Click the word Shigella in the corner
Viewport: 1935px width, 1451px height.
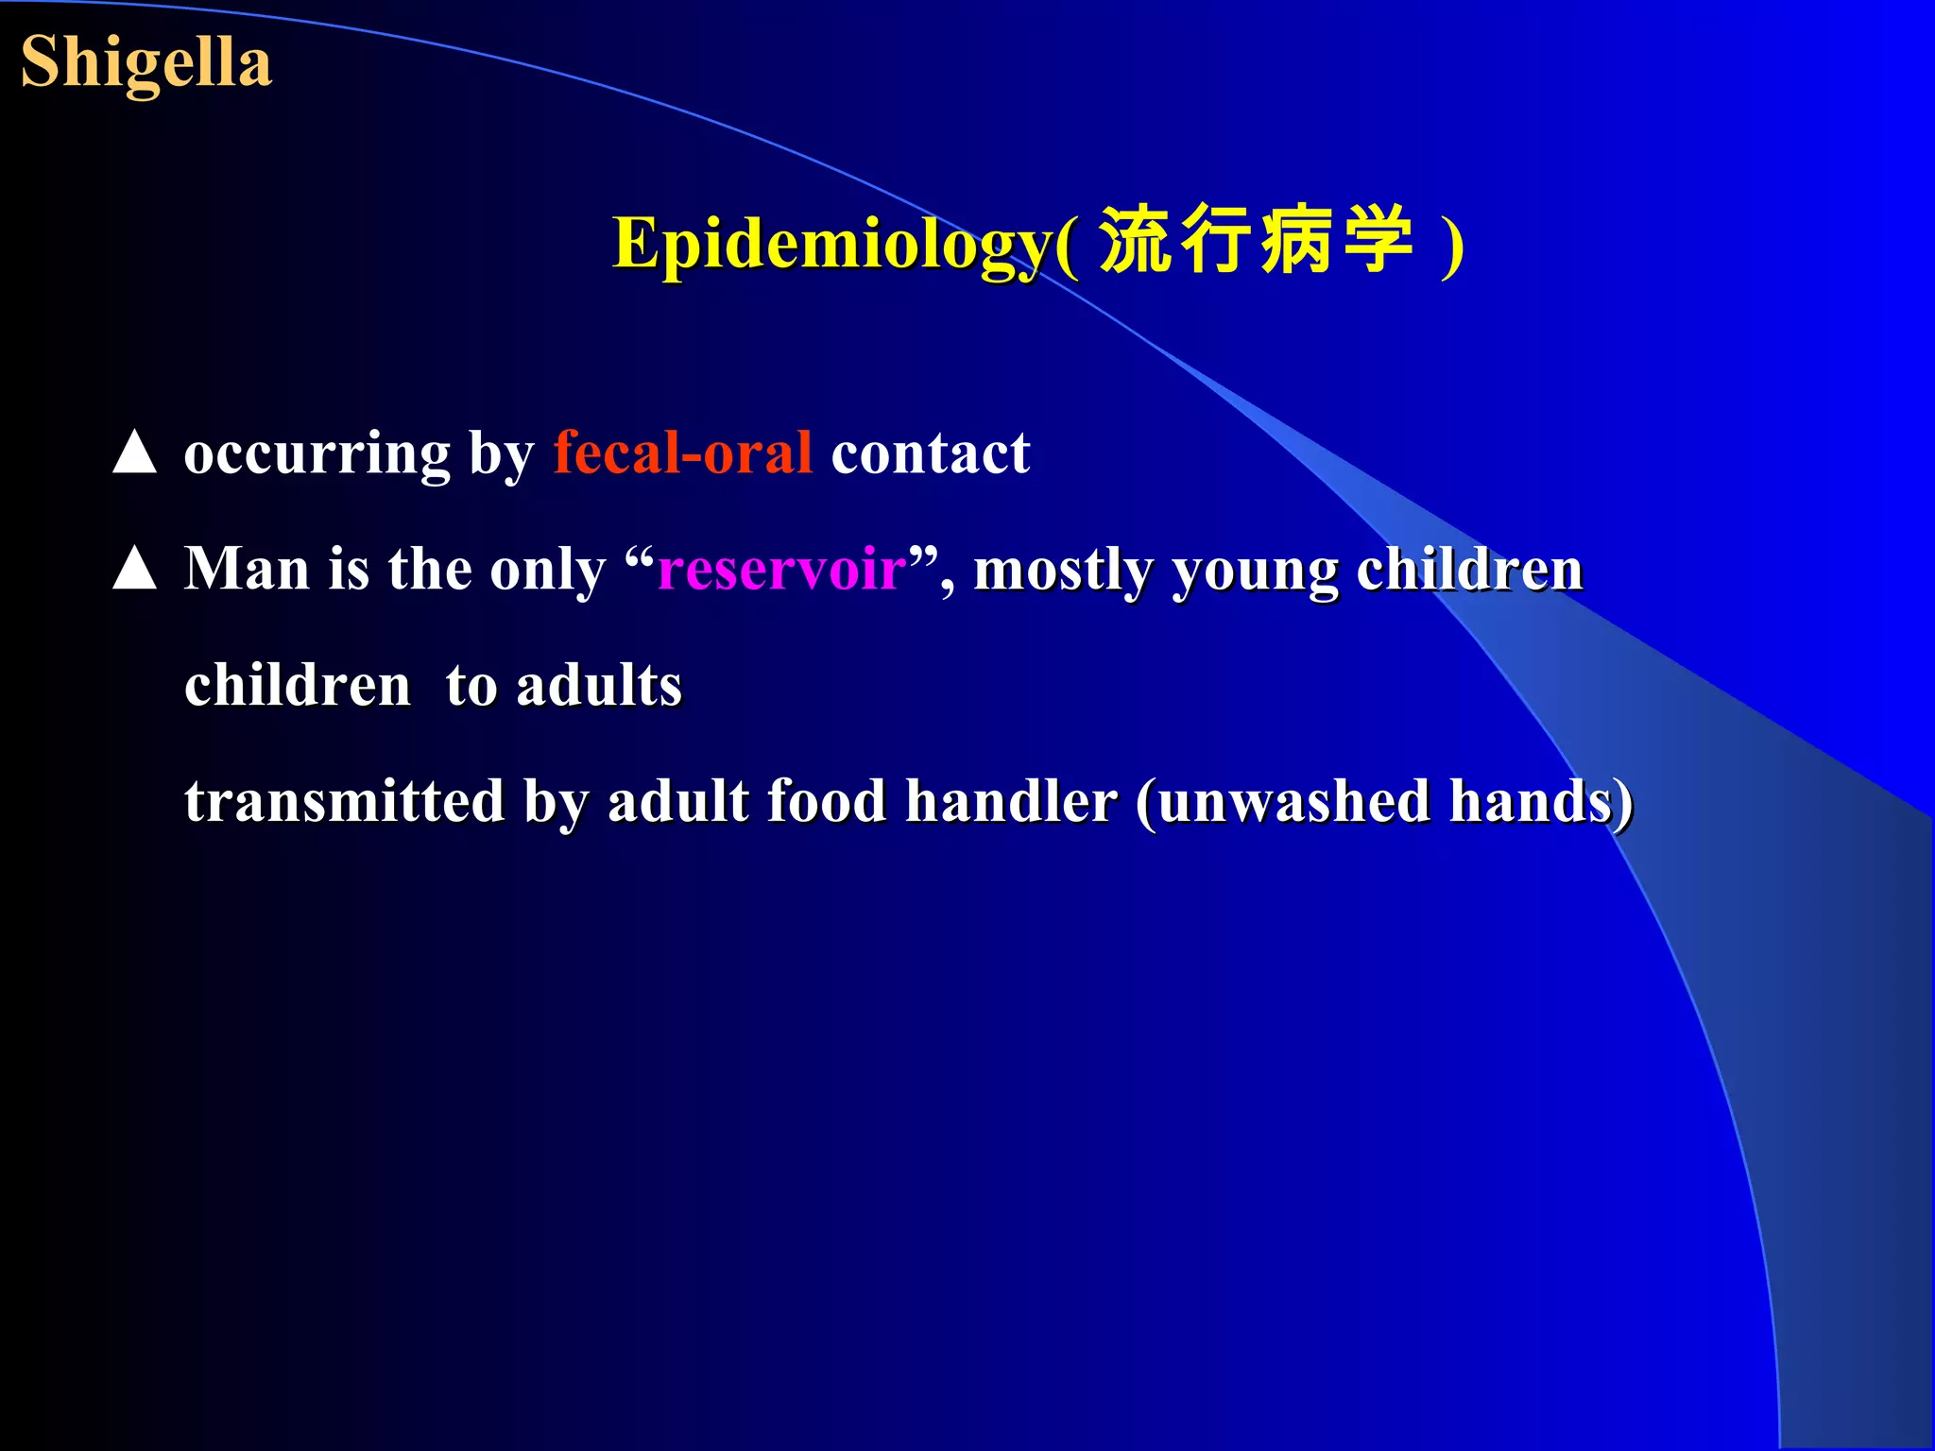146,62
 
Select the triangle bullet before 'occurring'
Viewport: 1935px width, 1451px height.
134,452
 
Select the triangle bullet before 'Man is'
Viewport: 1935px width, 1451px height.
134,569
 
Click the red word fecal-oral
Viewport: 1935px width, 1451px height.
682,453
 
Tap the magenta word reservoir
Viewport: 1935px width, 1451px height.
781,570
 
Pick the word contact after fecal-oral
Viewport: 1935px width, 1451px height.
930,453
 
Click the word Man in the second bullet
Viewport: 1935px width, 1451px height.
246,569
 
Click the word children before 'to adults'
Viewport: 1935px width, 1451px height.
298,685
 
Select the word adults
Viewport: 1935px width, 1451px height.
599,685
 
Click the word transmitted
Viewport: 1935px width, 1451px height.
345,801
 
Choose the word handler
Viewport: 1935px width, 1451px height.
1011,801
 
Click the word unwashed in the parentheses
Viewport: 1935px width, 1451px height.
1293,801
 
